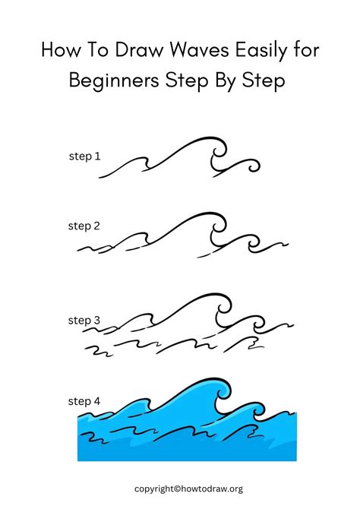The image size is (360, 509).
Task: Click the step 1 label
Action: click(84, 156)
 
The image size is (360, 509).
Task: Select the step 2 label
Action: click(84, 226)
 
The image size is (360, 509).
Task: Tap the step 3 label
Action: click(84, 321)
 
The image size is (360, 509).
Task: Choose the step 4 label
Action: click(84, 400)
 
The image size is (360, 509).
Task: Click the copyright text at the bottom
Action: click(179, 488)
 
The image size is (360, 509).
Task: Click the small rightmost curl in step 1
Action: click(249, 165)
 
